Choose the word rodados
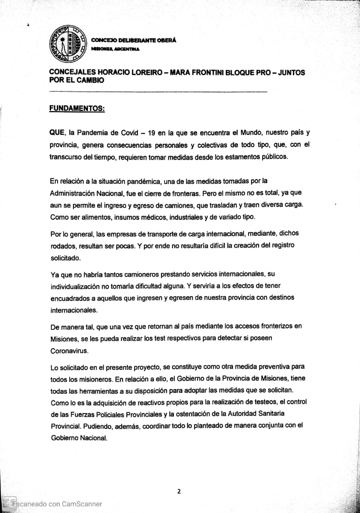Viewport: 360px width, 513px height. point(62,246)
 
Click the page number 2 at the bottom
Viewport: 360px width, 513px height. point(179,491)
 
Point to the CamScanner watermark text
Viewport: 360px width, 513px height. point(56,504)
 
